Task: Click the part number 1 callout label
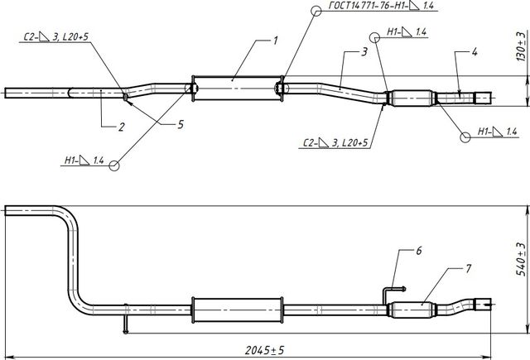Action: (x=276, y=41)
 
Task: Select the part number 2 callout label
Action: (x=122, y=127)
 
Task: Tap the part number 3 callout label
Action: (x=364, y=52)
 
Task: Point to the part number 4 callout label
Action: (x=475, y=52)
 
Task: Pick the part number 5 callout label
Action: (x=181, y=125)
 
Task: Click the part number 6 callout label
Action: (x=419, y=251)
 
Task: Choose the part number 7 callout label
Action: (x=468, y=269)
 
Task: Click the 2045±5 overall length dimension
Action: (x=265, y=350)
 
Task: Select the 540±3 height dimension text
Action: (x=522, y=259)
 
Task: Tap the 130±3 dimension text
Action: (x=522, y=46)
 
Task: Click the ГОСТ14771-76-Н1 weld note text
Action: (x=381, y=6)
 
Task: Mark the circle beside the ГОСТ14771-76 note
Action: (x=316, y=11)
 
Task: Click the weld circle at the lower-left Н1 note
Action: (x=114, y=166)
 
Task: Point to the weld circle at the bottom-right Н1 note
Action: (x=465, y=137)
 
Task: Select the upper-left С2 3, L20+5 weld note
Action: (x=55, y=36)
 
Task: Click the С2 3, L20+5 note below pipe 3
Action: (x=335, y=142)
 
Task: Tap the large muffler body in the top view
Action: (x=238, y=89)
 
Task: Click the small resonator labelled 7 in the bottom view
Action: (x=412, y=310)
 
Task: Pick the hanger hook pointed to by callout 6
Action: (x=393, y=295)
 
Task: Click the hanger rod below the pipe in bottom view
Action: (x=126, y=319)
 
